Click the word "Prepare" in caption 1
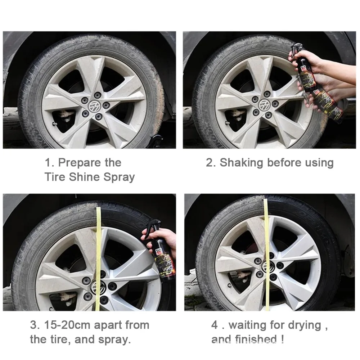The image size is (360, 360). click(x=80, y=162)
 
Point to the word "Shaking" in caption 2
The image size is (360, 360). click(x=242, y=162)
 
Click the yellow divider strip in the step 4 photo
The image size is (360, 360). click(x=267, y=252)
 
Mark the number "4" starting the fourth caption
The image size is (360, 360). click(x=215, y=325)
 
